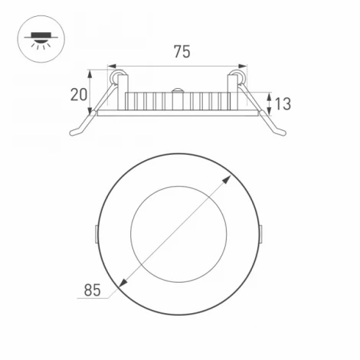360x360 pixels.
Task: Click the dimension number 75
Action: point(182,52)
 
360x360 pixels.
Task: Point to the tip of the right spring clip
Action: point(286,135)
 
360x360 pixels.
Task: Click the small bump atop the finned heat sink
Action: point(178,90)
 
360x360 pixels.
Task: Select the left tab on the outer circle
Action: point(96,231)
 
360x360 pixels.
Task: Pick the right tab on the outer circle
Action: point(262,231)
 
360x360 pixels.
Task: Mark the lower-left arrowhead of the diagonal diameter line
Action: point(121,286)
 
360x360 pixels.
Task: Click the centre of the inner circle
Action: point(178,231)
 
